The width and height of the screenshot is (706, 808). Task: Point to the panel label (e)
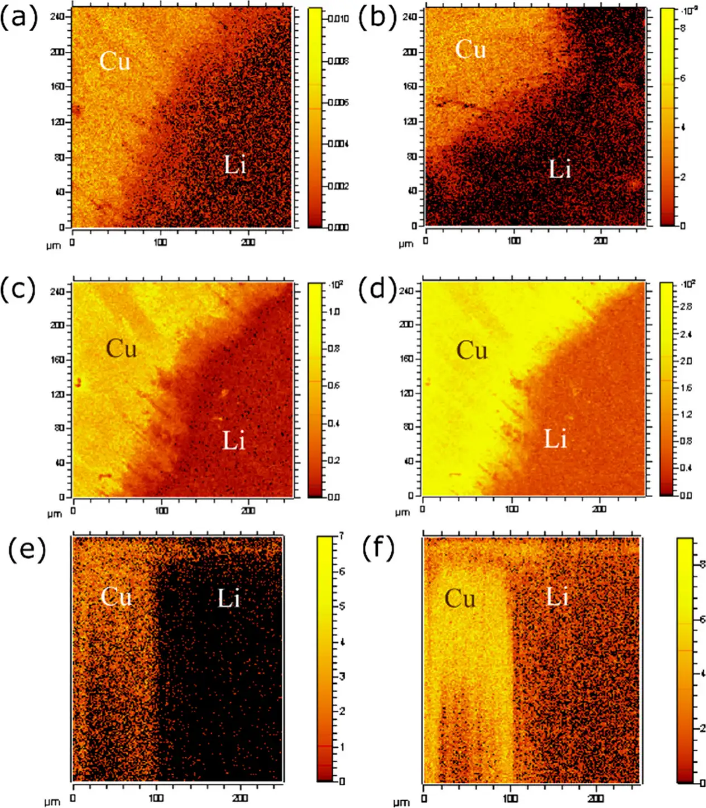26,550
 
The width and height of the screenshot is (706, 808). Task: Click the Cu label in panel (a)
115,60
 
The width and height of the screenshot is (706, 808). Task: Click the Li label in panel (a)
235,165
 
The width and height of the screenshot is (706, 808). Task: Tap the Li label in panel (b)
560,169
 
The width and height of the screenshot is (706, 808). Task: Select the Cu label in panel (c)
121,349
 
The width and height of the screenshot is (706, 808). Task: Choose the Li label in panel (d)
555,439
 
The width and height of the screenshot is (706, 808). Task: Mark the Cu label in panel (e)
116,597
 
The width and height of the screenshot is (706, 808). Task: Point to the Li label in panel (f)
557,598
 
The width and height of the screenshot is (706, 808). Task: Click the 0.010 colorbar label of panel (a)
339,19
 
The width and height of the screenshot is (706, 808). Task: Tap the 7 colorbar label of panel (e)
342,536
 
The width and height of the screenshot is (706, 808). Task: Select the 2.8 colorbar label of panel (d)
686,307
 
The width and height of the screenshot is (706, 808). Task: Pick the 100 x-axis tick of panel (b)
514,241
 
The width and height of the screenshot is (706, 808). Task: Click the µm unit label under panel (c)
54,513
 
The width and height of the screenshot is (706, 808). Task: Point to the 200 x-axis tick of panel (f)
596,799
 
